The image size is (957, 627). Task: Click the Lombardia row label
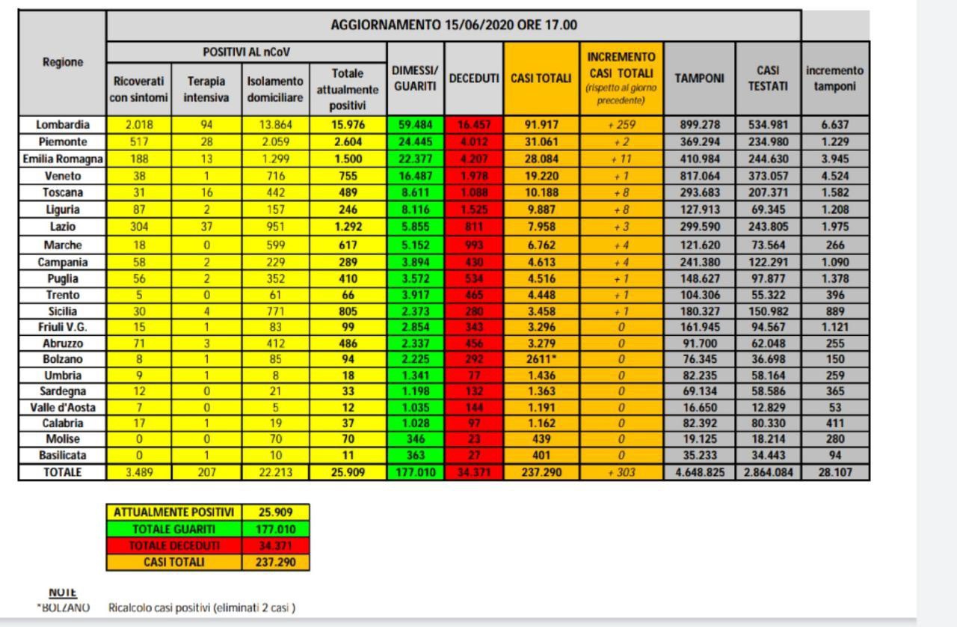coord(62,124)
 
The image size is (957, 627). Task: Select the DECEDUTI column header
coord(474,79)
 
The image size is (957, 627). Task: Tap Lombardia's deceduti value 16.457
coord(474,124)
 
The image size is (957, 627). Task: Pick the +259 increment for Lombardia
coord(621,124)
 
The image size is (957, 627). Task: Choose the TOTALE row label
coord(62,472)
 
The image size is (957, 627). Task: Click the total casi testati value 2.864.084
coord(767,472)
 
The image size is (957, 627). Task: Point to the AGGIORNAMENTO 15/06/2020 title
coord(454,25)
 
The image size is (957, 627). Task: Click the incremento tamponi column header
coord(835,79)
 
